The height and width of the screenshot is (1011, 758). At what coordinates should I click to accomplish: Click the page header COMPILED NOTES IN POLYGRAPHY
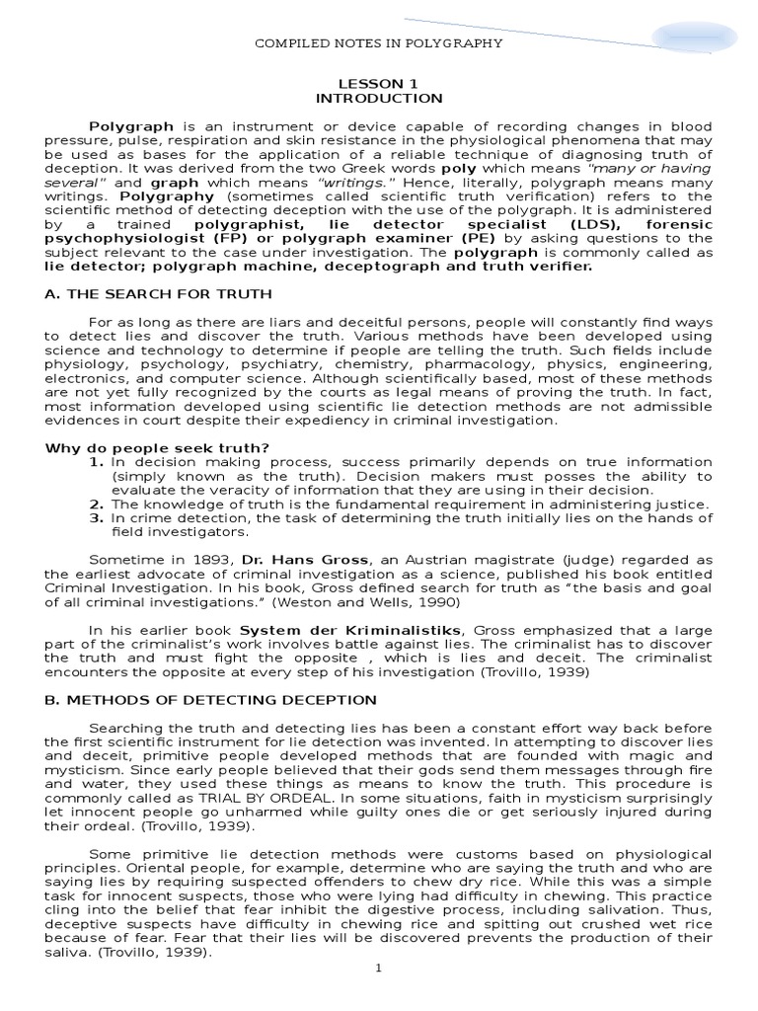pyautogui.click(x=379, y=43)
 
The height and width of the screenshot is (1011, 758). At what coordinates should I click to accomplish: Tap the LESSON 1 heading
pyautogui.click(x=379, y=84)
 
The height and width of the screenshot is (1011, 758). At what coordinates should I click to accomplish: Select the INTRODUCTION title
pyautogui.click(x=379, y=99)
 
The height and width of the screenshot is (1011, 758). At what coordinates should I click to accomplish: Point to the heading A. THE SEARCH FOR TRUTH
pyautogui.click(x=159, y=294)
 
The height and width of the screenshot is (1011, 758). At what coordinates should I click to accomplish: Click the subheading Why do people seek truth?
pyautogui.click(x=158, y=447)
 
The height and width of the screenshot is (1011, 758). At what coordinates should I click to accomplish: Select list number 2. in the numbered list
pyautogui.click(x=97, y=505)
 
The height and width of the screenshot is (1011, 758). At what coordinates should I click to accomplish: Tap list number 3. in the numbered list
pyautogui.click(x=97, y=517)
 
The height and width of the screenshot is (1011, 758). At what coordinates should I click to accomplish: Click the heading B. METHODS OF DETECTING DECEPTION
pyautogui.click(x=211, y=700)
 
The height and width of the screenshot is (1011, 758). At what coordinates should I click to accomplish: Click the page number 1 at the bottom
pyautogui.click(x=378, y=969)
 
